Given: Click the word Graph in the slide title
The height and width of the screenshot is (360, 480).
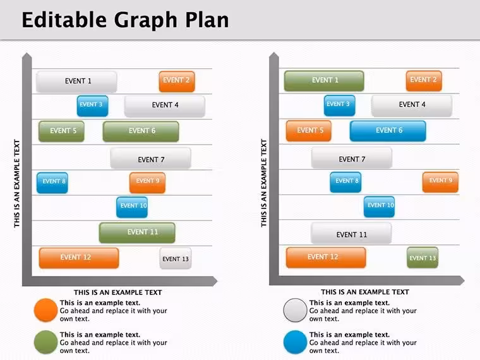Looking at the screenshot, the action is click(146, 20).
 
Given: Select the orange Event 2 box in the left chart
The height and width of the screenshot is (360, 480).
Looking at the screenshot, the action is click(177, 81).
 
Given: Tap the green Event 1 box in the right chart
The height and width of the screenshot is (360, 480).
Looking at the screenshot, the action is click(324, 81).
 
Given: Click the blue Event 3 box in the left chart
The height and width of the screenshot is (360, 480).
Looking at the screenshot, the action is click(92, 106).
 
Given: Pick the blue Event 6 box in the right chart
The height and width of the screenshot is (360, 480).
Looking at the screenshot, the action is click(388, 131).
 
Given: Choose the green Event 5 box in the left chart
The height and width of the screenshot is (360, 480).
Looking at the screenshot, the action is click(61, 131).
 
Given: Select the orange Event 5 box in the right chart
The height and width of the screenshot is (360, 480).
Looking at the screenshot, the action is click(309, 131).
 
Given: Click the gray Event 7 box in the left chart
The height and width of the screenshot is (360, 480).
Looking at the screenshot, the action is click(150, 159).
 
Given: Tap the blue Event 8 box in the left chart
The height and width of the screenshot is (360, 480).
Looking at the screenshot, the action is click(52, 183).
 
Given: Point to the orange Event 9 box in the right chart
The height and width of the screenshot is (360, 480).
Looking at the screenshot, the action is click(440, 182).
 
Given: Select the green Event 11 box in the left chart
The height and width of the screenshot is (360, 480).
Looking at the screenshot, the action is click(137, 232).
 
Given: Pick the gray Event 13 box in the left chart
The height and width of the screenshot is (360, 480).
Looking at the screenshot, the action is click(176, 258).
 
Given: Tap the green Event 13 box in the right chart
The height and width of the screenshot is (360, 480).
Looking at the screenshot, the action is click(423, 258).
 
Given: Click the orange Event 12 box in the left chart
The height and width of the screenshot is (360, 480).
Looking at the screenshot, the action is click(79, 258).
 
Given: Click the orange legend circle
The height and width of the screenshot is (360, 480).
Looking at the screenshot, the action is click(46, 310).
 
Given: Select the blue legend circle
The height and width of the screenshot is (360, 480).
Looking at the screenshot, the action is click(295, 342).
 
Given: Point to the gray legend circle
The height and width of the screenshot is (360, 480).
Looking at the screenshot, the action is click(295, 310).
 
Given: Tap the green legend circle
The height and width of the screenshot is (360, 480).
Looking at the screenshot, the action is click(46, 342).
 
